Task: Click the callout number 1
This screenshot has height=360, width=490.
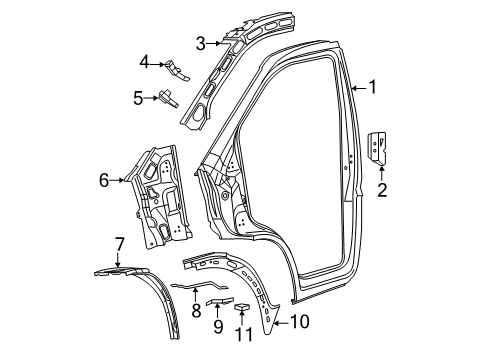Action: [x=372, y=87]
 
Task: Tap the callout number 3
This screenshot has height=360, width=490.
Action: [x=200, y=43]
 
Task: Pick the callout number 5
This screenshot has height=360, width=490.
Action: [x=139, y=97]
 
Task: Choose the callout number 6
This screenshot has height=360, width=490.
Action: [x=103, y=180]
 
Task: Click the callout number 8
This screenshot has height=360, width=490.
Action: [x=197, y=311]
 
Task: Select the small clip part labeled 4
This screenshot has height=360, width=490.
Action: [x=178, y=69]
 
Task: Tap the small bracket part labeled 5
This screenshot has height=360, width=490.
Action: [x=167, y=97]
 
